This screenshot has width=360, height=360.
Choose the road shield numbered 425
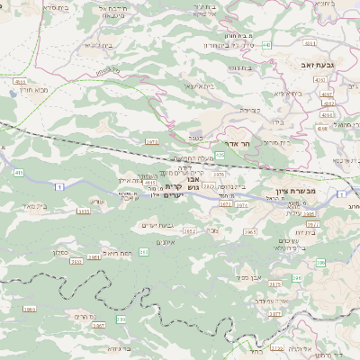[x=220, y=155]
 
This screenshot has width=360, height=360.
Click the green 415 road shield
[x=19, y=171]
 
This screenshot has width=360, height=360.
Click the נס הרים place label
[x=80, y=316]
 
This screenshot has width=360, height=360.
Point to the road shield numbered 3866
[x=29, y=310]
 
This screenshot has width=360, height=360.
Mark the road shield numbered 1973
[x=151, y=142]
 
